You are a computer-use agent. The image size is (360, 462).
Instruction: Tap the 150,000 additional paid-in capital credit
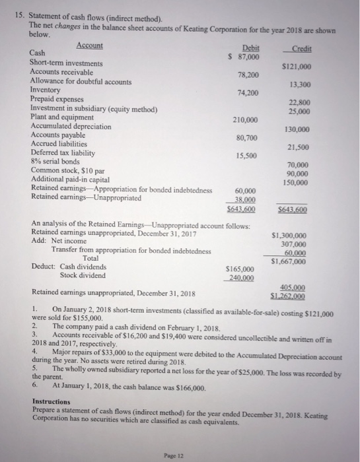tap(318, 181)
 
